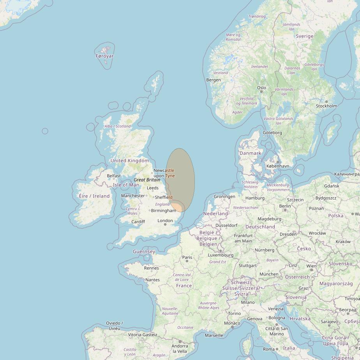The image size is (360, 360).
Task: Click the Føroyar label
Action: click(104, 56)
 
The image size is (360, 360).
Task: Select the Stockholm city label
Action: click(326, 106)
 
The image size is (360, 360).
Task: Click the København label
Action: click(278, 166)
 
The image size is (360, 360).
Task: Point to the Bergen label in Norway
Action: click(214, 80)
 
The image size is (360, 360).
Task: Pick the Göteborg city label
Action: click(272, 133)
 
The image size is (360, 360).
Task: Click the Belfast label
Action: click(114, 176)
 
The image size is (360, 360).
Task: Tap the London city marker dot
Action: click(166, 225)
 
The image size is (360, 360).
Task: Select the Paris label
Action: click(187, 257)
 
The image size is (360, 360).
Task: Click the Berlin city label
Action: click(285, 206)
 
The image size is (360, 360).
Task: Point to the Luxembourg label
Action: click(221, 255)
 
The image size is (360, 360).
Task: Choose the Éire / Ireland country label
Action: click(94, 196)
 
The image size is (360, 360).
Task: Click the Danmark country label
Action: click(250, 153)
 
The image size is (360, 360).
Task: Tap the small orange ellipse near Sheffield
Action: click(177, 207)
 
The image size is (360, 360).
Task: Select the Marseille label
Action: click(214, 335)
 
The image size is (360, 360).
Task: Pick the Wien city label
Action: click(311, 266)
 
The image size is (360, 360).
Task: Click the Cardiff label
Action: click(138, 222)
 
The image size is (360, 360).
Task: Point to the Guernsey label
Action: click(144, 252)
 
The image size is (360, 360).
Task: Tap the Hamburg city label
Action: click(255, 198)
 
